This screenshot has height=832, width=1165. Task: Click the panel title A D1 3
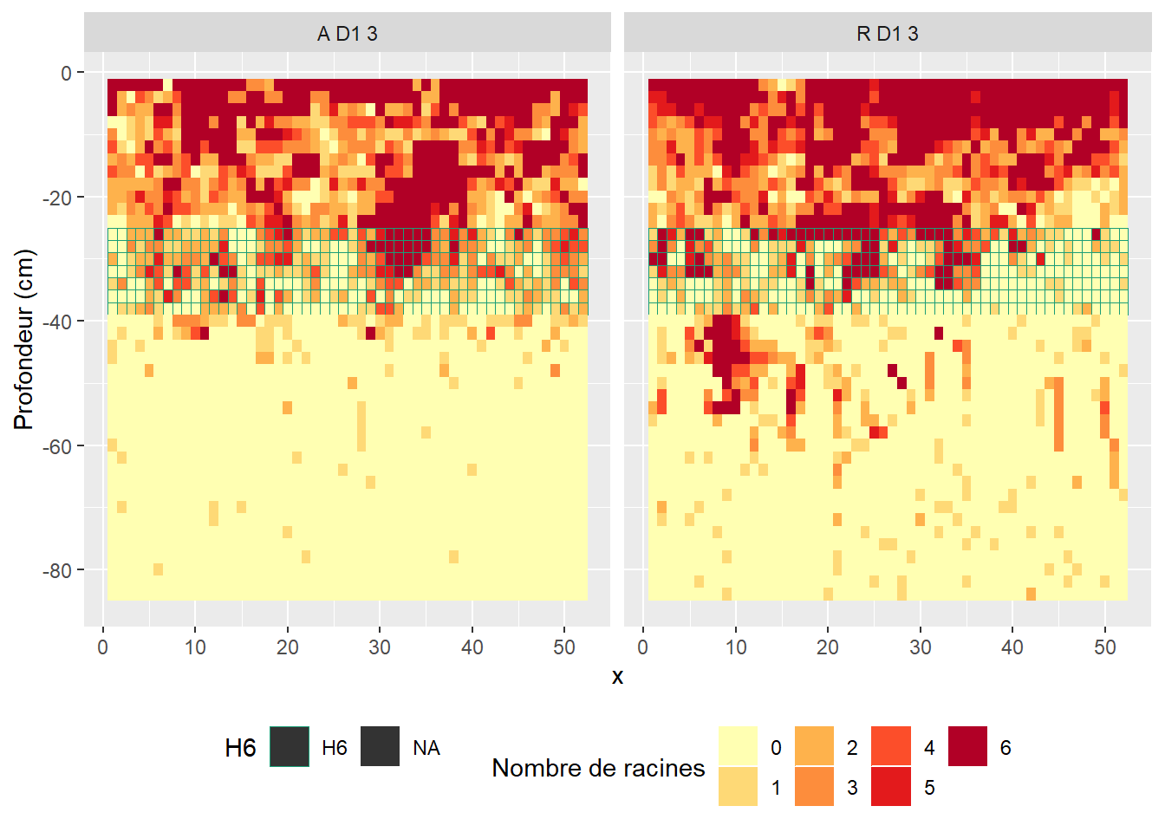pyautogui.click(x=347, y=34)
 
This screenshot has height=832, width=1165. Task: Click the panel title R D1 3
pyautogui.click(x=887, y=34)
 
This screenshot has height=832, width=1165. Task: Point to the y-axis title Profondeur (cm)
pyautogui.click(x=23, y=339)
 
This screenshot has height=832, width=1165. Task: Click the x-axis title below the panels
pyautogui.click(x=617, y=677)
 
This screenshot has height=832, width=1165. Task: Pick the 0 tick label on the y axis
pyautogui.click(x=67, y=74)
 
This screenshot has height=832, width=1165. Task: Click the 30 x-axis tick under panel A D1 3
pyautogui.click(x=380, y=647)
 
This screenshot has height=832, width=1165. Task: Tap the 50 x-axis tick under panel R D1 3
pyautogui.click(x=1104, y=647)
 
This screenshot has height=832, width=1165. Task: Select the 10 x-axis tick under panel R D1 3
pyautogui.click(x=735, y=647)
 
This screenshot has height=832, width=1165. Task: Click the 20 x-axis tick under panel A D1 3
pyautogui.click(x=287, y=647)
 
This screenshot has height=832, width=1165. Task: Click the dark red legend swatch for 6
pyautogui.click(x=967, y=746)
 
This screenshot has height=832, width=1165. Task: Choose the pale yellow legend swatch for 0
pyautogui.click(x=738, y=746)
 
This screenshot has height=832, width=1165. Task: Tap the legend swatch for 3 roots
pyautogui.click(x=814, y=786)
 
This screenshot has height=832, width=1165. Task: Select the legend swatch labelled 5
pyautogui.click(x=891, y=786)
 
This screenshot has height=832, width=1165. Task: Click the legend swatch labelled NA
pyautogui.click(x=380, y=746)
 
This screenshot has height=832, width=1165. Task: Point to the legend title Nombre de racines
pyautogui.click(x=598, y=768)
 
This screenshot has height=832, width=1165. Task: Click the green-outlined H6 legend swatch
pyautogui.click(x=290, y=746)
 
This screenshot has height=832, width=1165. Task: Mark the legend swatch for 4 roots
pyautogui.click(x=891, y=746)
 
